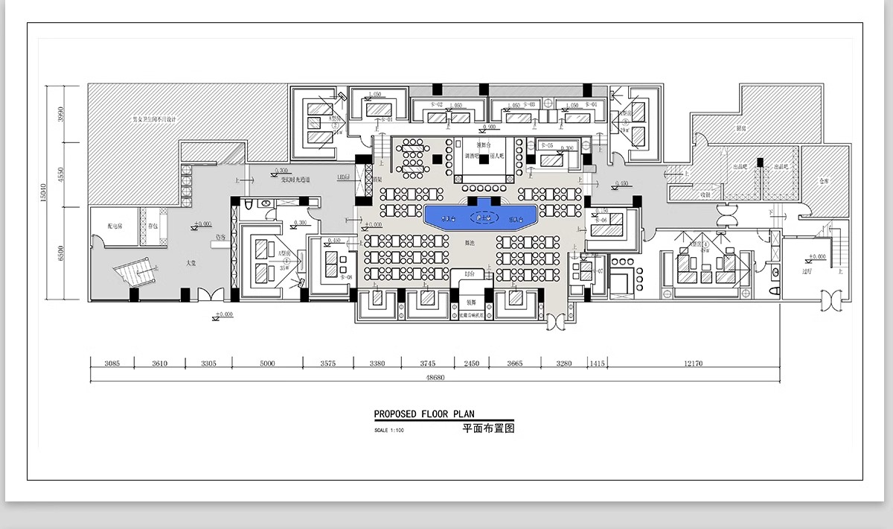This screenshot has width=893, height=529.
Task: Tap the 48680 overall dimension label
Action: [x=435, y=378]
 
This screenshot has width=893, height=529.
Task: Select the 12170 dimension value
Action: [x=691, y=364]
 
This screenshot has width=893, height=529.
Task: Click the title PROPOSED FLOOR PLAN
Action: [x=423, y=414]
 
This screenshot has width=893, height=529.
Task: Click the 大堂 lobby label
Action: [x=191, y=263]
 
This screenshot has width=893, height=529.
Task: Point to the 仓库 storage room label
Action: [x=823, y=180]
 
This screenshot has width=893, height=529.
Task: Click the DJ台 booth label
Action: [x=468, y=275]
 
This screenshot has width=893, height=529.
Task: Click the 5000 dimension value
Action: [x=267, y=364]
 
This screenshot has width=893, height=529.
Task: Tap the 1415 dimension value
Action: [x=596, y=364]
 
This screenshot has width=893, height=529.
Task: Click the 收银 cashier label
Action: [x=705, y=195]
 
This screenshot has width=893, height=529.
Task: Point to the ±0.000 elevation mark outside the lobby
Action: [x=223, y=315]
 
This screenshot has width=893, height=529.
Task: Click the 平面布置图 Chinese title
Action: [x=488, y=429]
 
